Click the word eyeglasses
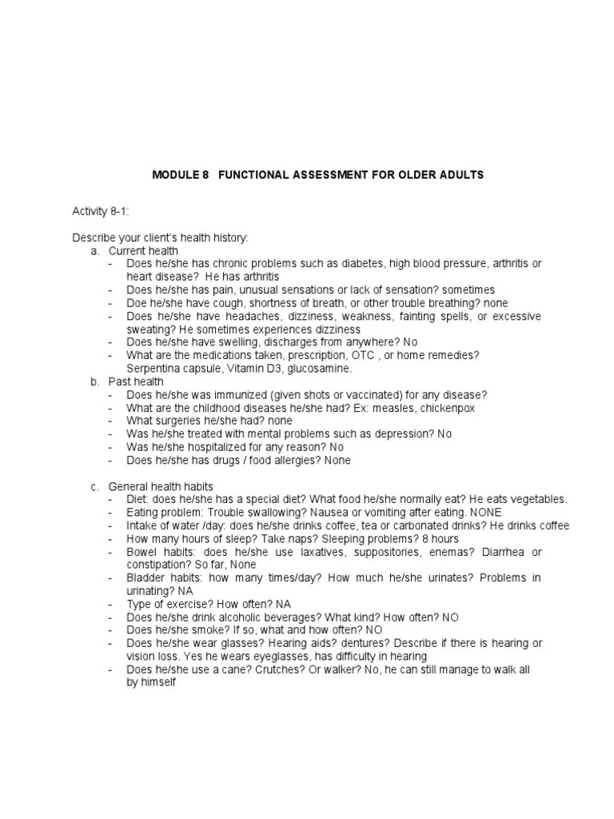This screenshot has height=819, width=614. pos(276,657)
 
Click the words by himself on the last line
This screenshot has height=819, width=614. pos(150,684)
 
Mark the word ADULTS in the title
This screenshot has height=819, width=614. pos(458,174)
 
